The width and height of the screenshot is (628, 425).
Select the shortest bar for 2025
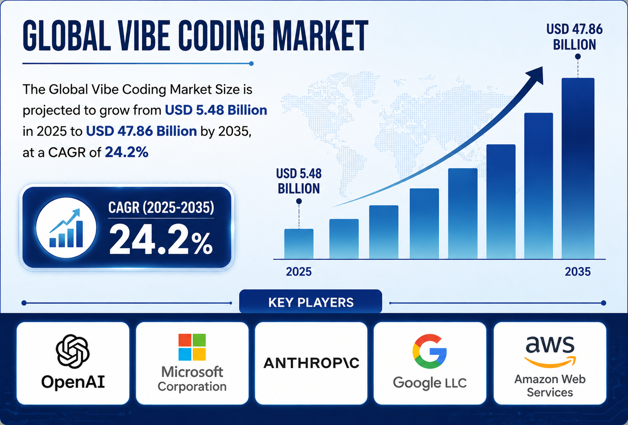pyautogui.click(x=299, y=244)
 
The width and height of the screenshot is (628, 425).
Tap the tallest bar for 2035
pyautogui.click(x=578, y=169)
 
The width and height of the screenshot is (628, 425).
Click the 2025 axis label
pyautogui.click(x=299, y=272)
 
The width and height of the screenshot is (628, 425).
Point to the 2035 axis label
pyautogui.click(x=578, y=272)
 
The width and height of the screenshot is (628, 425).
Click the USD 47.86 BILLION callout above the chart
pyautogui.click(x=574, y=37)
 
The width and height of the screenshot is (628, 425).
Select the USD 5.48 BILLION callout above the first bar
pyautogui.click(x=299, y=181)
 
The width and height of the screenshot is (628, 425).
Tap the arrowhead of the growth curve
pyautogui.click(x=535, y=75)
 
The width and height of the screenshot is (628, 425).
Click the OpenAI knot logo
pyautogui.click(x=72, y=351)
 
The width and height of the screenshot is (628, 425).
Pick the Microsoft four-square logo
pyautogui.click(x=192, y=347)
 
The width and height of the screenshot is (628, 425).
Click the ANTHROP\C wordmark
pyautogui.click(x=311, y=363)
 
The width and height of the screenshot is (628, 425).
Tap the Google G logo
pyautogui.click(x=429, y=351)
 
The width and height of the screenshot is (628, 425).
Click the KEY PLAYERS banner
pyautogui.click(x=310, y=302)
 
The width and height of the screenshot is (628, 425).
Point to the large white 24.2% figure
pyautogui.click(x=161, y=240)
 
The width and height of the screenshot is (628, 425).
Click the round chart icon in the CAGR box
pyautogui.click(x=66, y=228)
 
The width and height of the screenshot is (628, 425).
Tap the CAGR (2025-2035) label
pyautogui.click(x=161, y=208)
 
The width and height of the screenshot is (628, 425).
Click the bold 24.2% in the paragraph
pyautogui.click(x=126, y=152)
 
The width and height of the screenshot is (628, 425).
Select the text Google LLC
pyautogui.click(x=430, y=383)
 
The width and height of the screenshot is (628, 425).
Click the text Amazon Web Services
pyautogui.click(x=550, y=386)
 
